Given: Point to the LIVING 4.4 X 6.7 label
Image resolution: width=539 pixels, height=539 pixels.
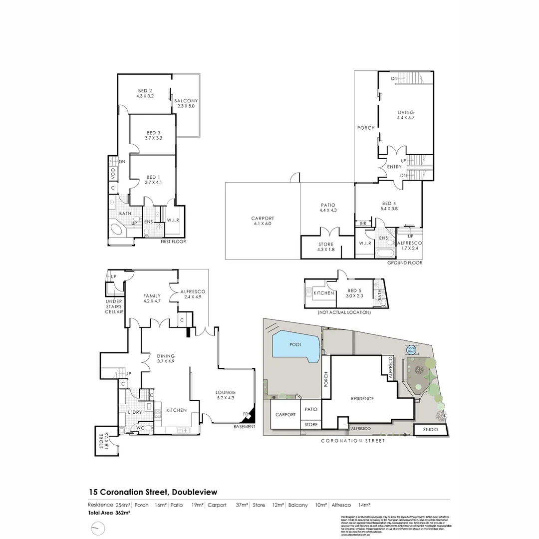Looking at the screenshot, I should [x=405, y=115].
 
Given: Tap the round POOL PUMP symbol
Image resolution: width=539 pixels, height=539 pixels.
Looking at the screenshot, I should [x=411, y=350].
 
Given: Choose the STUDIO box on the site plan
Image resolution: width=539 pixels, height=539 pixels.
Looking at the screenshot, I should [x=431, y=429].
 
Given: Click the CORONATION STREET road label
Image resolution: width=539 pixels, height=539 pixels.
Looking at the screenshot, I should [x=352, y=441].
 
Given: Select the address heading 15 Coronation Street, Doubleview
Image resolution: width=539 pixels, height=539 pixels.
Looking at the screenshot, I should [x=153, y=492].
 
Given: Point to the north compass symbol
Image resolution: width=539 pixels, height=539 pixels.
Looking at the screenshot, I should [x=99, y=528].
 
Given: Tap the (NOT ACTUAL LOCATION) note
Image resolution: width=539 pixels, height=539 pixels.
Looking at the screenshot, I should [x=343, y=312].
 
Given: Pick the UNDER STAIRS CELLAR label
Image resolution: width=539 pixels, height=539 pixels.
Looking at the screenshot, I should [x=114, y=306].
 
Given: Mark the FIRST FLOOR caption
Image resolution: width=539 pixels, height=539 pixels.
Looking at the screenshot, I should [x=173, y=242].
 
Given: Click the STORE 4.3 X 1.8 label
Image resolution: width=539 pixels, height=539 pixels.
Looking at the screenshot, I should [x=325, y=247].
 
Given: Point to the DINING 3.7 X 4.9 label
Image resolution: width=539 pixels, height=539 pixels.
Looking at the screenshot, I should [x=165, y=358].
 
